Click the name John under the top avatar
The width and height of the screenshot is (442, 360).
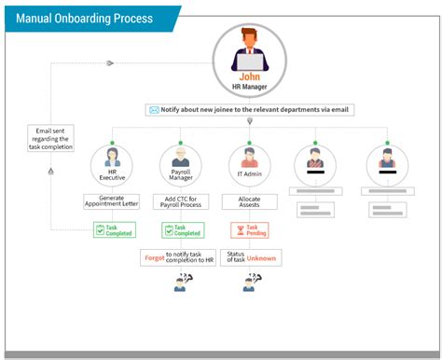(250, 78)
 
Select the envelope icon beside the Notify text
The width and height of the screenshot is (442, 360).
(154, 110)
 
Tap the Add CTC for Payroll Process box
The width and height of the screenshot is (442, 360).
(182, 201)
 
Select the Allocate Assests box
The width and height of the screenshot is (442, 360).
(249, 201)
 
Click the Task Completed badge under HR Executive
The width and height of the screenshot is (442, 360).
(113, 229)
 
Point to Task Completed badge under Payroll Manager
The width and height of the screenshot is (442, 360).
(182, 229)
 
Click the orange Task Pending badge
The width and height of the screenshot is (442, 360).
(249, 229)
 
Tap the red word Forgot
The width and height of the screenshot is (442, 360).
(155, 254)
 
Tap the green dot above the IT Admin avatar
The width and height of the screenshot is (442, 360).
(249, 143)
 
